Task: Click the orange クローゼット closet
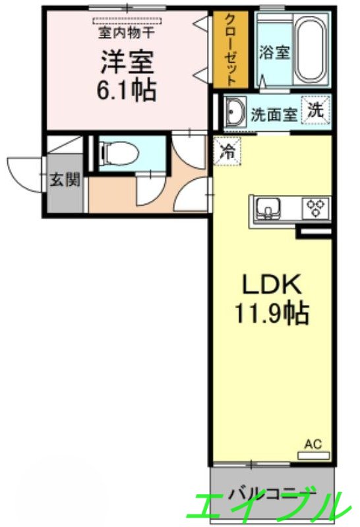(x=231, y=50)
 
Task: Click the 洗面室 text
(x=274, y=115)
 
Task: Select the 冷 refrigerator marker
(x=227, y=151)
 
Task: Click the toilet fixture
(x=119, y=153)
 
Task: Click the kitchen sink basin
(x=268, y=208)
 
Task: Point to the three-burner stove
(x=315, y=208)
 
